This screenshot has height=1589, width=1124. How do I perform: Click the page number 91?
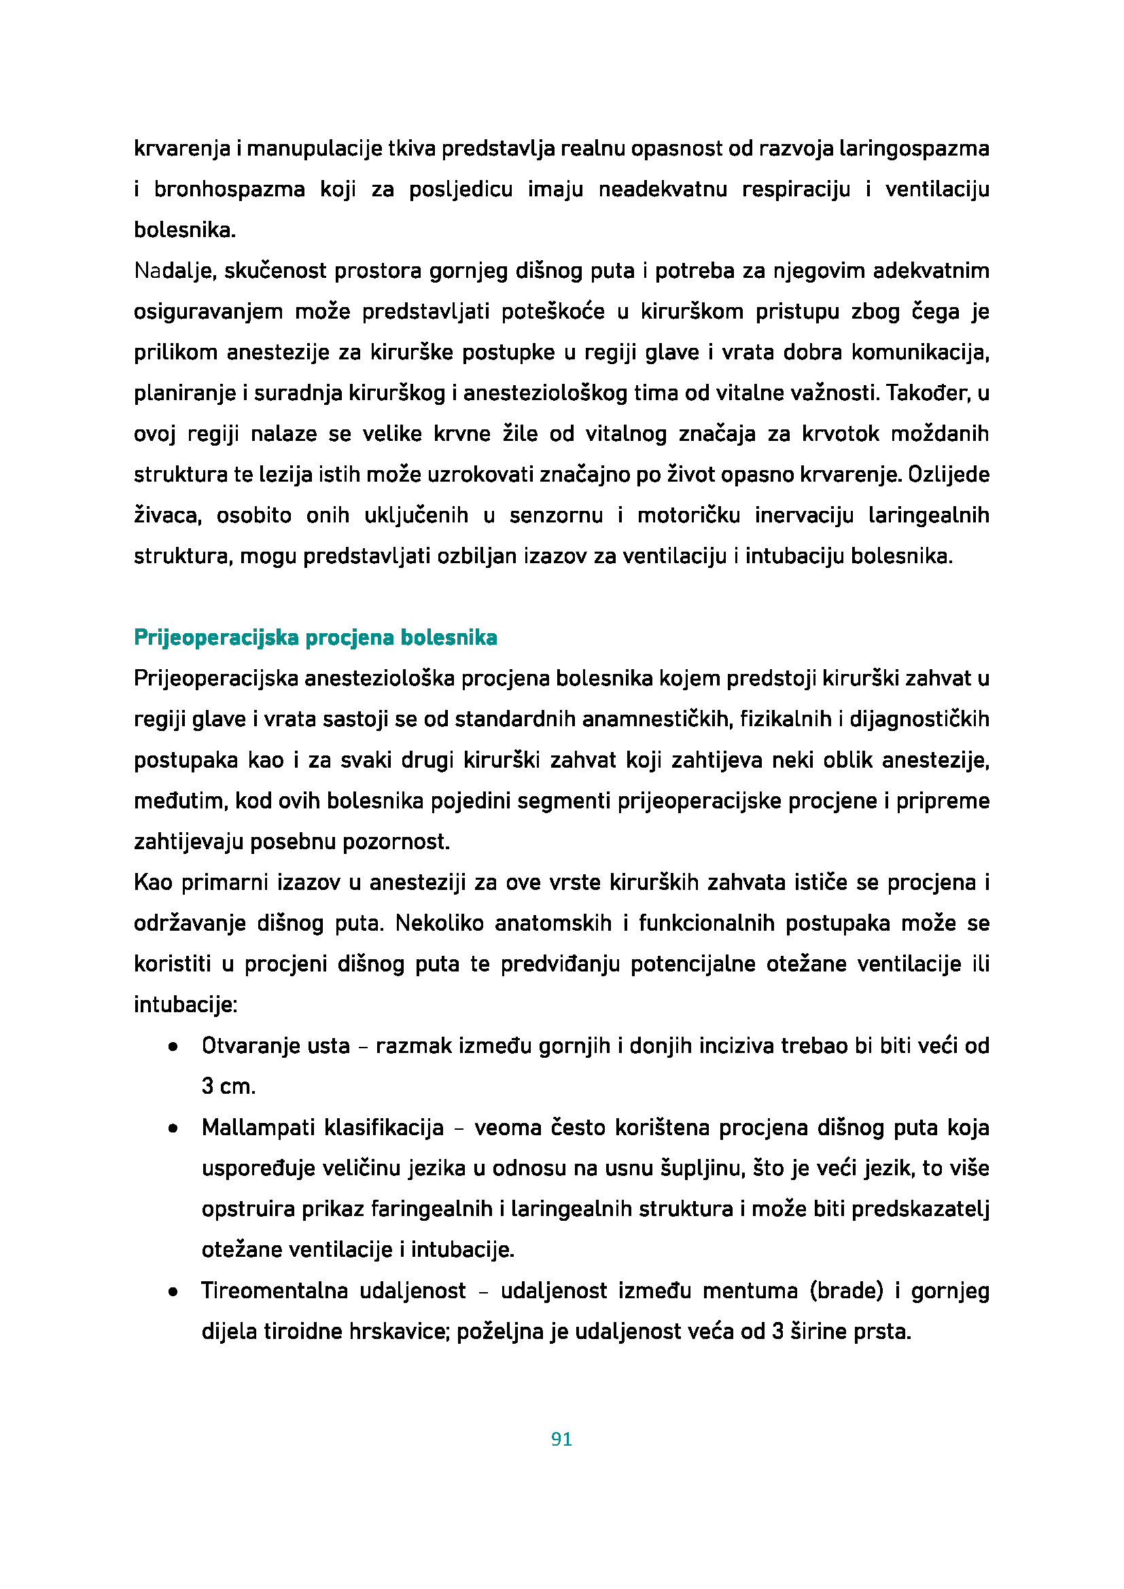pos(561,1439)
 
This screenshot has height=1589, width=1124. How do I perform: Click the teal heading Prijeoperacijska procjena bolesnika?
pos(315,637)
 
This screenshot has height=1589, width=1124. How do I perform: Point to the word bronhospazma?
pos(229,190)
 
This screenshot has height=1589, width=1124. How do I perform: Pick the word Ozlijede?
pos(948,475)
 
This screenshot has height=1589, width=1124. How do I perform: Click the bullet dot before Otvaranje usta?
pos(173,1047)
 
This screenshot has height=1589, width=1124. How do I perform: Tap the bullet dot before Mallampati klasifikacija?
pos(173,1129)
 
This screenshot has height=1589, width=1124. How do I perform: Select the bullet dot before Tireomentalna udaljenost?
pos(173,1292)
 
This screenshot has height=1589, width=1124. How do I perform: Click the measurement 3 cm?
pos(228,1086)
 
